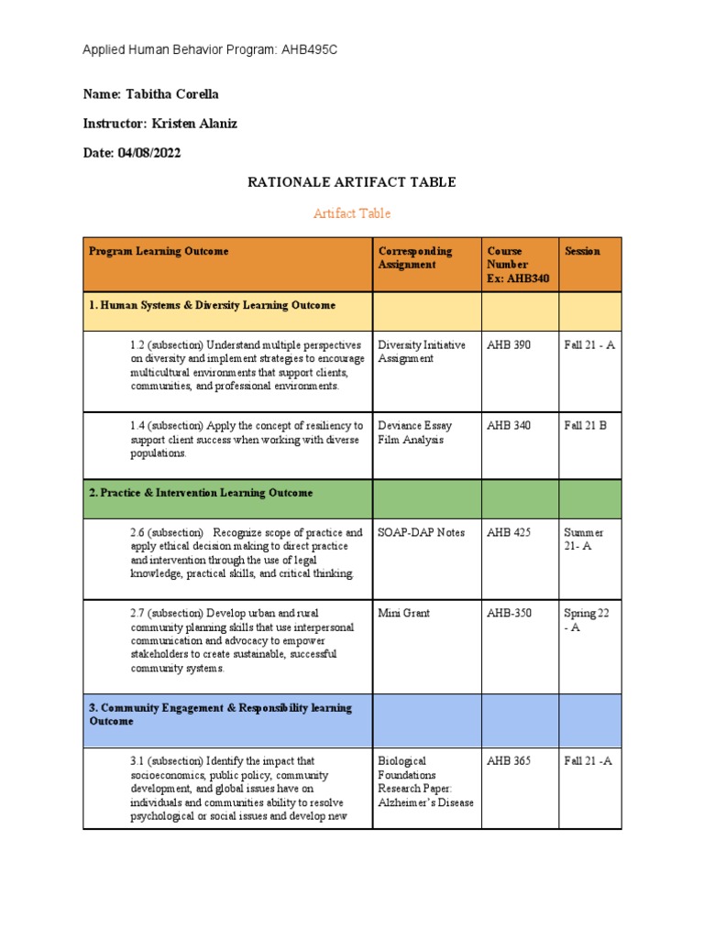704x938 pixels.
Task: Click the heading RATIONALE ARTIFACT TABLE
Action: click(x=352, y=182)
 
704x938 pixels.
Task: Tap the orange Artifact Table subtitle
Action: click(x=352, y=213)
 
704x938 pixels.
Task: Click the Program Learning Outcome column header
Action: click(x=159, y=251)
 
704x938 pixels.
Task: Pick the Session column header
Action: click(x=583, y=251)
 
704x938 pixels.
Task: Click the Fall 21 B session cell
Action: click(x=586, y=426)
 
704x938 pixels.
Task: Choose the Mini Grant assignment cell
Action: click(x=404, y=613)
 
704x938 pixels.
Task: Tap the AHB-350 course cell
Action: click(x=510, y=613)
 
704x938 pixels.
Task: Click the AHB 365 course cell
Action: click(x=509, y=760)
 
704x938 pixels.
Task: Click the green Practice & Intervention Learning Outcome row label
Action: click(x=201, y=493)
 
